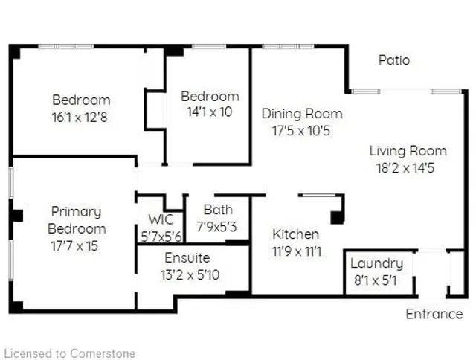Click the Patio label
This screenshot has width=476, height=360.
(x=393, y=60)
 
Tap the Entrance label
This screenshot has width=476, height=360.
(x=434, y=314)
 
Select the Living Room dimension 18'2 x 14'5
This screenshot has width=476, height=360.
(x=408, y=168)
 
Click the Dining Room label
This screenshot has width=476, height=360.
(x=302, y=114)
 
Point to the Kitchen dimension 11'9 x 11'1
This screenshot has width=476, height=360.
(x=296, y=252)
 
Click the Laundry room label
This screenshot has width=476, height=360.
(x=376, y=263)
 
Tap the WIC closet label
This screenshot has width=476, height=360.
(x=161, y=220)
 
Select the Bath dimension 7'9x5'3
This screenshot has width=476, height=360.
(x=217, y=227)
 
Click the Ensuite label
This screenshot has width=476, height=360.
(x=187, y=258)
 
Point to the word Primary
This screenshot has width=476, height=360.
(x=76, y=212)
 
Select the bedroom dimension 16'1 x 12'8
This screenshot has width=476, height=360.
(x=81, y=117)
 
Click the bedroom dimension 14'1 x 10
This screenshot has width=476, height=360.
(x=210, y=113)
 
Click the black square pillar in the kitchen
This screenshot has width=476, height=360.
(x=337, y=217)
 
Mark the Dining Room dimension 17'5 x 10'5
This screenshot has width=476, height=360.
(x=302, y=132)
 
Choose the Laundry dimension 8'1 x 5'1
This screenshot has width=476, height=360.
(x=376, y=281)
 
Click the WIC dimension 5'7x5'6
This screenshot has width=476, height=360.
(x=161, y=237)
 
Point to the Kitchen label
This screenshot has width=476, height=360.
(x=295, y=234)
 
